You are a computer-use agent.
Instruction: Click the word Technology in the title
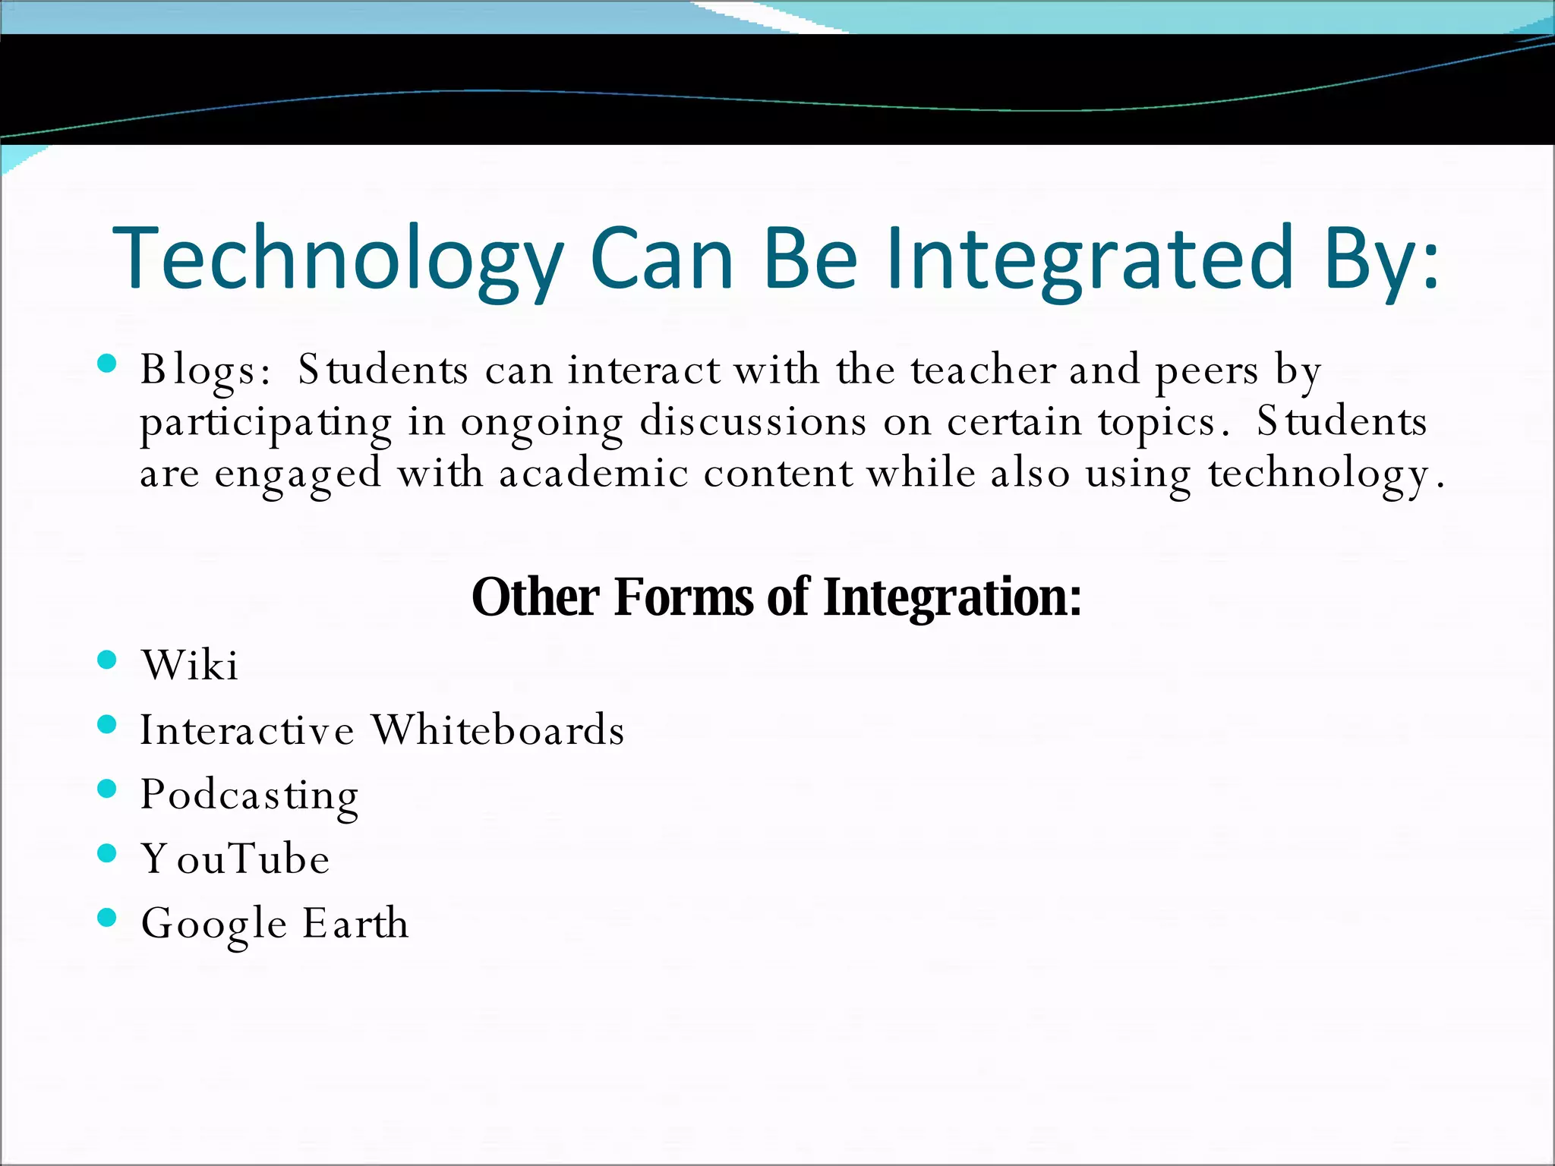point(338,258)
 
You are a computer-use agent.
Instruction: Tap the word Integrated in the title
point(1090,258)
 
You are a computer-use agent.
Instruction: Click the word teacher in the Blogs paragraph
point(983,370)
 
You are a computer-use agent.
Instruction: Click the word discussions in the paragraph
point(752,422)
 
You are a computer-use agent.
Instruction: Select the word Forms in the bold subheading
point(683,597)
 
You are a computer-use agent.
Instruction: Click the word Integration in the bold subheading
point(952,598)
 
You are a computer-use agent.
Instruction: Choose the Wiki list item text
point(190,665)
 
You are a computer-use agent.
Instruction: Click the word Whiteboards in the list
point(498,730)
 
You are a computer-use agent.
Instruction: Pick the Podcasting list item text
point(250,796)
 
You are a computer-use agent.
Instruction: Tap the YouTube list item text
point(235,859)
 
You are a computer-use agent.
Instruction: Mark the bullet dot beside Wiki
point(107,659)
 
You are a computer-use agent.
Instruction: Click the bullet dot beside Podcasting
point(107,789)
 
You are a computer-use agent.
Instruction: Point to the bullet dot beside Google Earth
point(107,918)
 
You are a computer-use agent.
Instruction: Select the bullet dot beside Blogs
point(107,364)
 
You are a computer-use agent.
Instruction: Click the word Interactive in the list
point(247,730)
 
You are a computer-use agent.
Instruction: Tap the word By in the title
point(1380,258)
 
